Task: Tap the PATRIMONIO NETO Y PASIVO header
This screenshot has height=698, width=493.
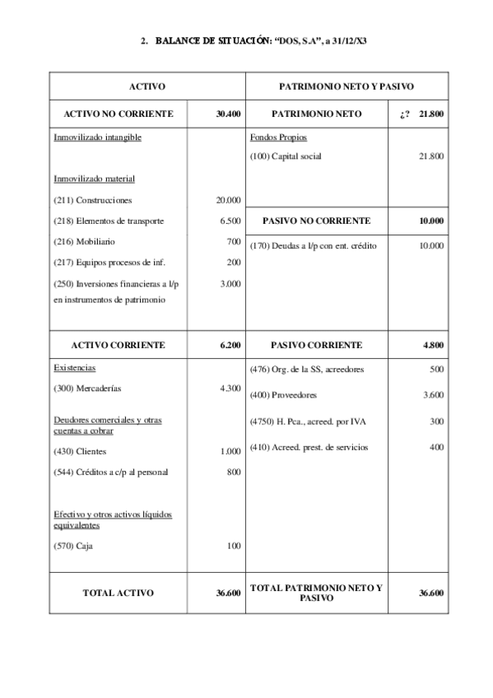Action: [346, 86]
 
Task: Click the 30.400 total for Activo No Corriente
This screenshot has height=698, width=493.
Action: [228, 114]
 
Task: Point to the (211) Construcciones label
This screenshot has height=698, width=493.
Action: [92, 200]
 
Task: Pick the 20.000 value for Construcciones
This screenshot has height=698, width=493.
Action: [228, 200]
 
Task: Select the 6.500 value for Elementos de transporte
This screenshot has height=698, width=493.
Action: [230, 221]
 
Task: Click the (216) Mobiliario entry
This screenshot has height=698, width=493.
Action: [84, 242]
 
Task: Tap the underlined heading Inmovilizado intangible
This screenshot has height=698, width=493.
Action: [97, 137]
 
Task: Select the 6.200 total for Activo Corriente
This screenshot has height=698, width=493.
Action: [230, 345]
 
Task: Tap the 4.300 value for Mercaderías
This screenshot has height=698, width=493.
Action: [230, 388]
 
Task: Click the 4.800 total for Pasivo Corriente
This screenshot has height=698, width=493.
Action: [434, 345]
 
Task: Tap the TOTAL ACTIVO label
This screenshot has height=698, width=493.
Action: [118, 592]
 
